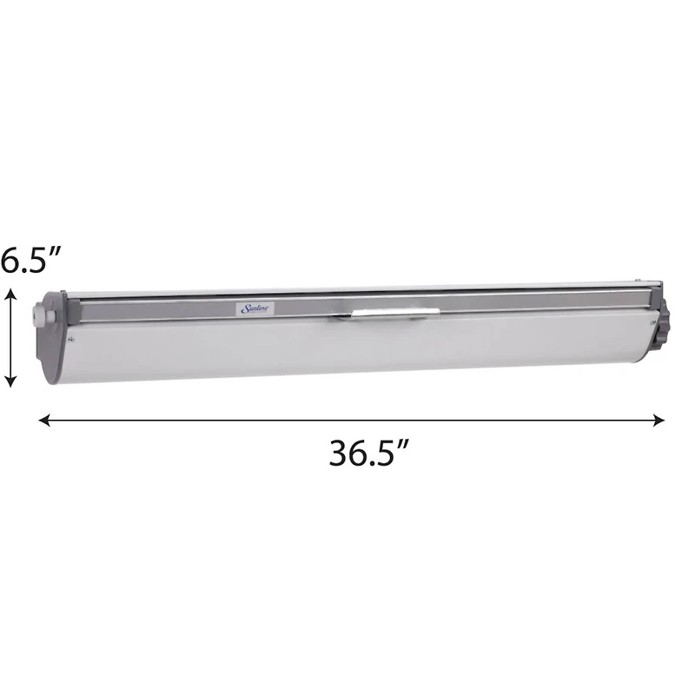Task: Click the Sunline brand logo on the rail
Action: click(x=256, y=308)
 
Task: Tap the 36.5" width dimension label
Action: click(x=368, y=453)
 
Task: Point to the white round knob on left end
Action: click(x=40, y=315)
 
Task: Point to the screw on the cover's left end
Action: click(x=71, y=336)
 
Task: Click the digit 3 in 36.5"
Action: click(x=340, y=453)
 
